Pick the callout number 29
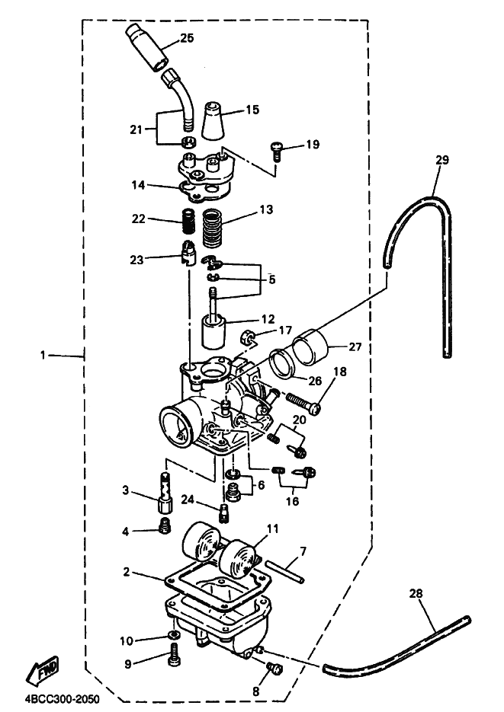coord(443,160)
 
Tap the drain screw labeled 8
coord(275,670)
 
